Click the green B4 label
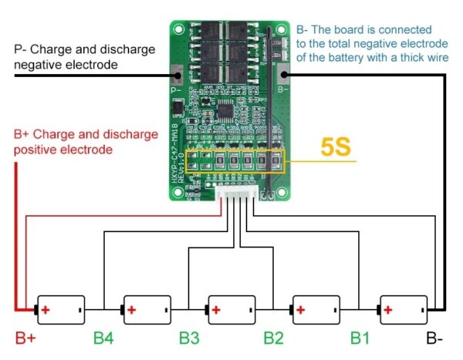pos(105,338)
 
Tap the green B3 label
pos(191,338)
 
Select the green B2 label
pos(275,338)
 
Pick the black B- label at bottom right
pos(434,338)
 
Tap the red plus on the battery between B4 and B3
pos(131,310)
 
